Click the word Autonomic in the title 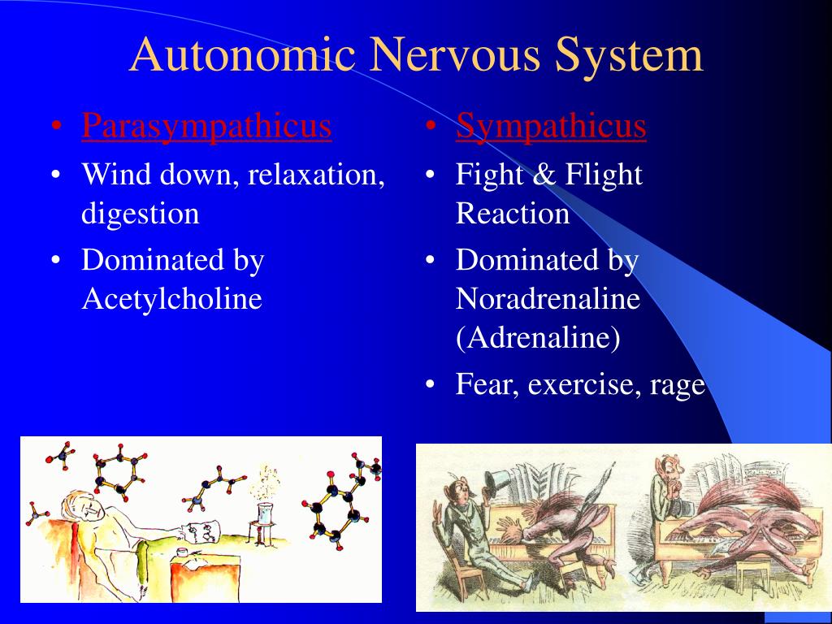(x=242, y=55)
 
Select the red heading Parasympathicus (x=206, y=126)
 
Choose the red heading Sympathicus (x=551, y=126)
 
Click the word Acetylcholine (x=171, y=299)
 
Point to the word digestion (x=140, y=214)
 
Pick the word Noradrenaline (x=548, y=299)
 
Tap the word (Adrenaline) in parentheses (x=538, y=338)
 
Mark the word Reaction (x=512, y=214)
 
